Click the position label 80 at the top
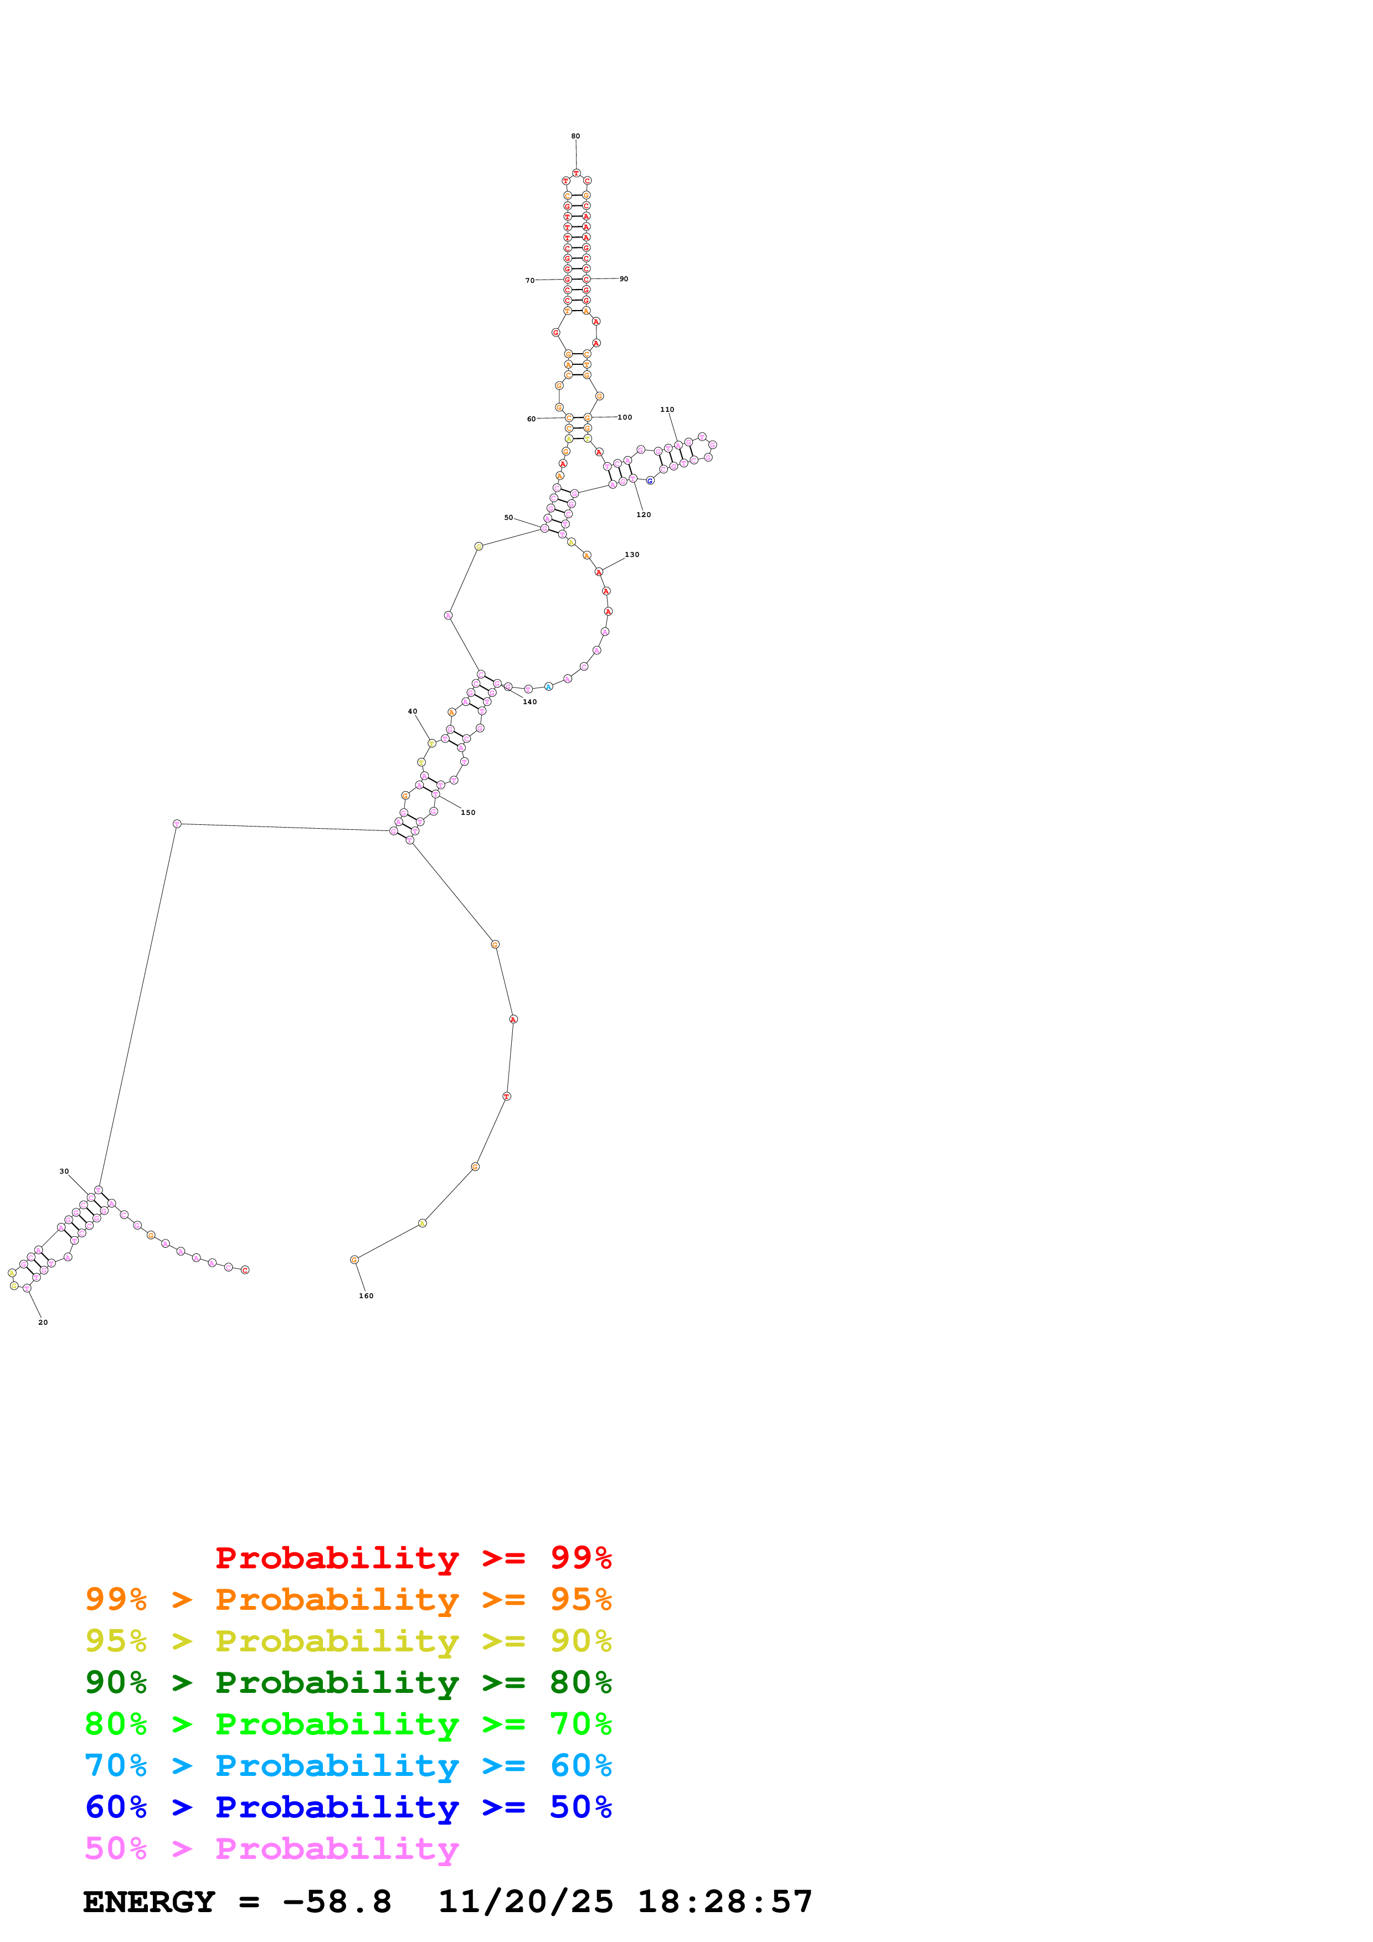(575, 136)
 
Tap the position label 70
(529, 281)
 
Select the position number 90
(624, 279)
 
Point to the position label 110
(667, 409)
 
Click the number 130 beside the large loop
(632, 555)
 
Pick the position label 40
(412, 711)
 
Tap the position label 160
(366, 1296)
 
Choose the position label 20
(43, 1322)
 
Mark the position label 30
(64, 1171)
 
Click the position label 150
(468, 813)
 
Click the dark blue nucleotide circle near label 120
(650, 481)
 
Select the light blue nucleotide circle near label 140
(548, 687)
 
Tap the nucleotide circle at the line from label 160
(354, 1261)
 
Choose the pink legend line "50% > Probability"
(271, 1849)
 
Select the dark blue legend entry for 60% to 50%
(348, 1807)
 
